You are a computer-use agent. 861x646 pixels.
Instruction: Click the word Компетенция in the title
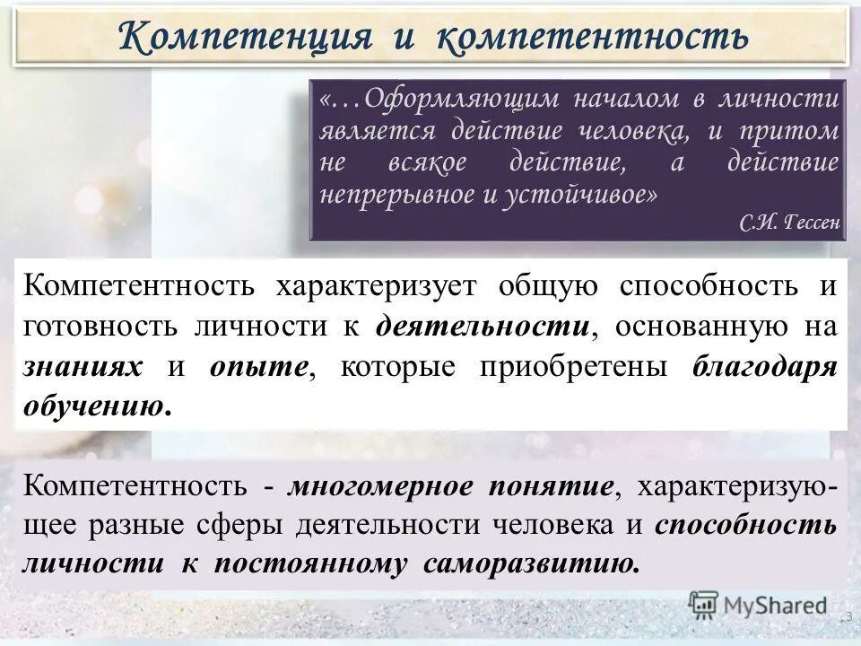tap(245, 37)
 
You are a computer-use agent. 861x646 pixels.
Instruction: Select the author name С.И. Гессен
tap(790, 223)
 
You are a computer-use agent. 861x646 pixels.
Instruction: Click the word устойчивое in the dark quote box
tap(573, 195)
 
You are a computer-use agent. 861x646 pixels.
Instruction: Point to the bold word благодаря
tap(764, 366)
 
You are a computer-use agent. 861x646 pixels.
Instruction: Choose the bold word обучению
tap(96, 406)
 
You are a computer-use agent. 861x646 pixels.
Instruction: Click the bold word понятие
tap(553, 485)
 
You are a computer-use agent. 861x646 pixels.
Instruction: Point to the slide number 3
tap(848, 616)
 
